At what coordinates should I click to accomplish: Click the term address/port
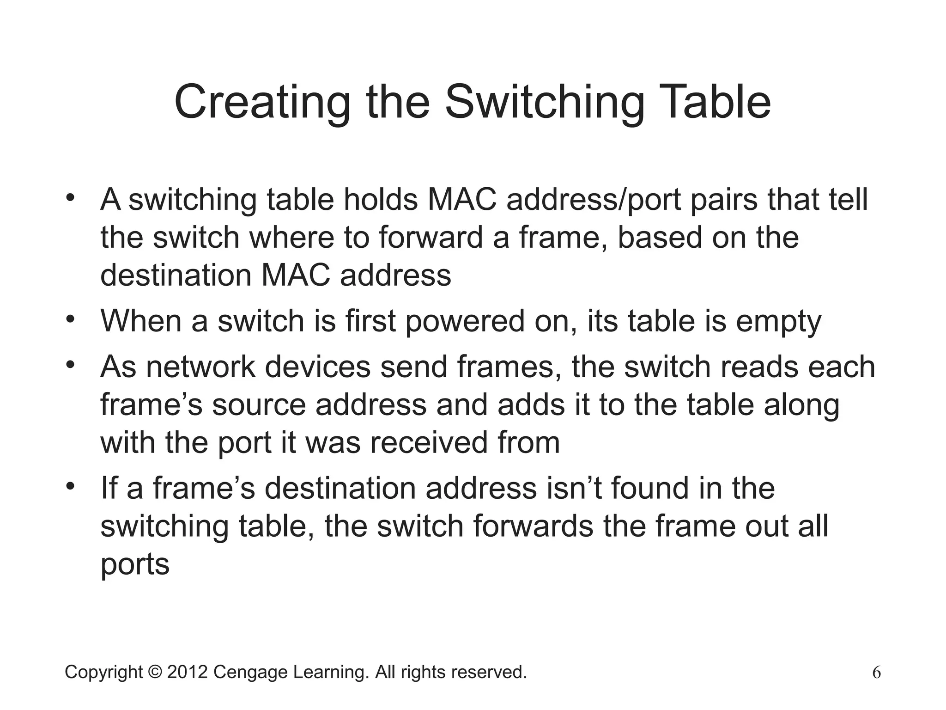pyautogui.click(x=594, y=200)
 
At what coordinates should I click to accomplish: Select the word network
pyautogui.click(x=200, y=367)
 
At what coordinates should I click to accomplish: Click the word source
pyautogui.click(x=259, y=405)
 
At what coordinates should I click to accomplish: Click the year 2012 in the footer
pyautogui.click(x=187, y=672)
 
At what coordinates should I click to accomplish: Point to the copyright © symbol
pyautogui.click(x=155, y=672)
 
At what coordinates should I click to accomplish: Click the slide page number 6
pyautogui.click(x=876, y=673)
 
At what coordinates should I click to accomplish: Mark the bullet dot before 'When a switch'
pyautogui.click(x=70, y=319)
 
